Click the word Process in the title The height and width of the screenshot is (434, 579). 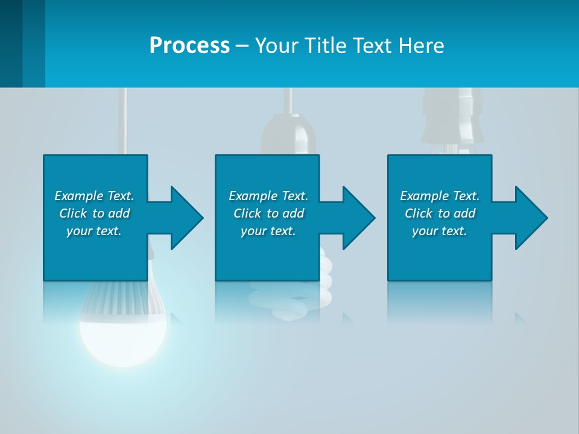click(189, 45)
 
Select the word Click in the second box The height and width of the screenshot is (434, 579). click(247, 213)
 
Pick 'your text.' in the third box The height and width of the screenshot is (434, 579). click(439, 231)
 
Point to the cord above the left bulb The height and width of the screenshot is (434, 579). click(122, 121)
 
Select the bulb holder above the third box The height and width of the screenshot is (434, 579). click(449, 121)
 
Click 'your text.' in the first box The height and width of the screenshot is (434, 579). click(93, 231)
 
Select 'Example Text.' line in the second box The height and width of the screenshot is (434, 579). click(268, 196)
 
